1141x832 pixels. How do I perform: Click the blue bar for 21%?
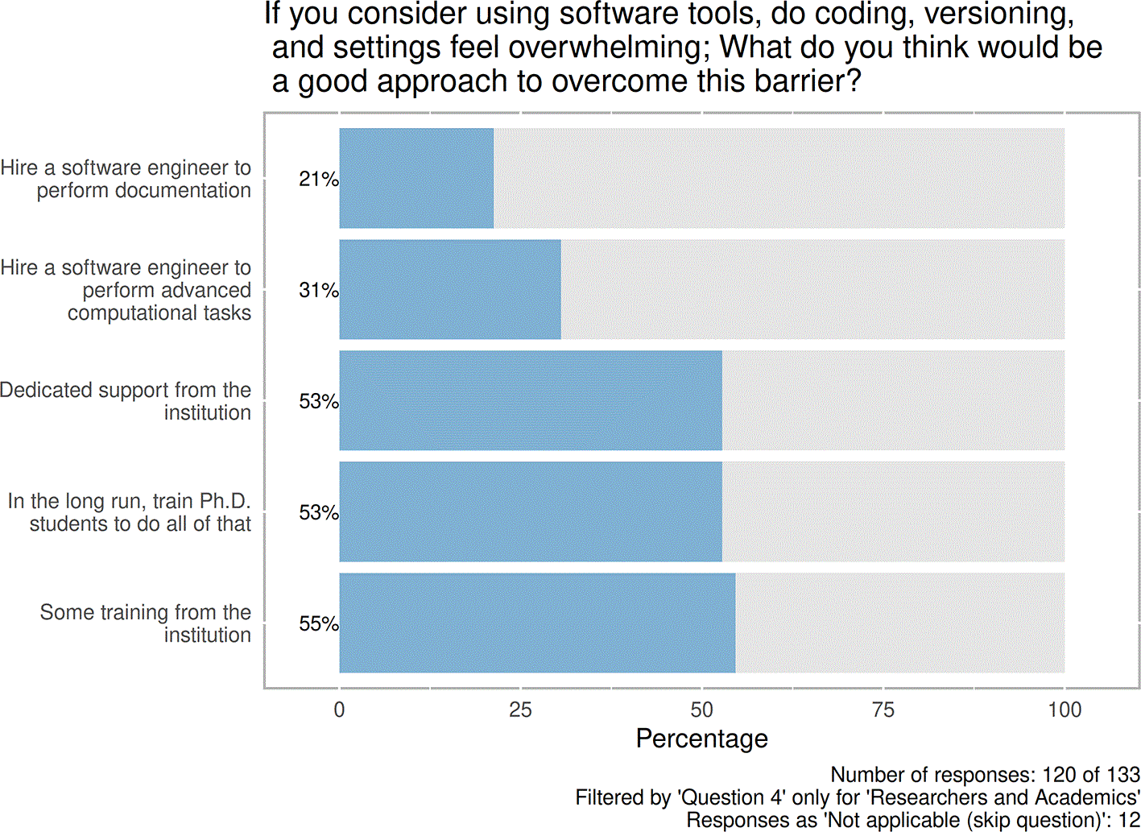click(416, 178)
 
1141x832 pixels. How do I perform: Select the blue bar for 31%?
click(450, 289)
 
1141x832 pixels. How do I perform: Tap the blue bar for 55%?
click(537, 623)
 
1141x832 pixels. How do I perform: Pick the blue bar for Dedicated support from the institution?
click(531, 400)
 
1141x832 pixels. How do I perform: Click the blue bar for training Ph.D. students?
click(531, 511)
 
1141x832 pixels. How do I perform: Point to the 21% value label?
click(318, 179)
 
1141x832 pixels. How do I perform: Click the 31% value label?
click(318, 290)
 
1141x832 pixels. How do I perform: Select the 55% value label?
click(318, 623)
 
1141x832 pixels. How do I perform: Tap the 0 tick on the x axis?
click(339, 710)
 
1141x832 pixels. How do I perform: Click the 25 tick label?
click(520, 710)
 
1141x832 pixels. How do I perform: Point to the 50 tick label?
click(701, 710)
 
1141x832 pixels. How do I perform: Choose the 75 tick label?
click(883, 710)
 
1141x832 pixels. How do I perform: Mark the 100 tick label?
click(1064, 710)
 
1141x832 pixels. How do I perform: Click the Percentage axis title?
click(701, 739)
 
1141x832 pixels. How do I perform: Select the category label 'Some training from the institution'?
click(146, 623)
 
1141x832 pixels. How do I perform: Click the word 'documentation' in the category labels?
click(183, 190)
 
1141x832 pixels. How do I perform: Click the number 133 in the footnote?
click(1122, 775)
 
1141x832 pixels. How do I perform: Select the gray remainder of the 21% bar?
click(779, 178)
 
